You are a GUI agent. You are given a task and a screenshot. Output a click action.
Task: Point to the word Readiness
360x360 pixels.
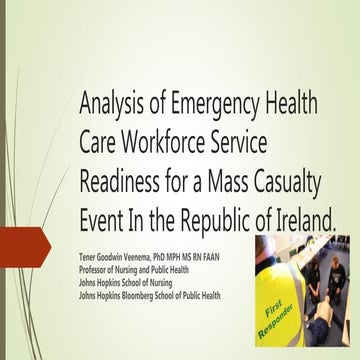pos(124,181)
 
